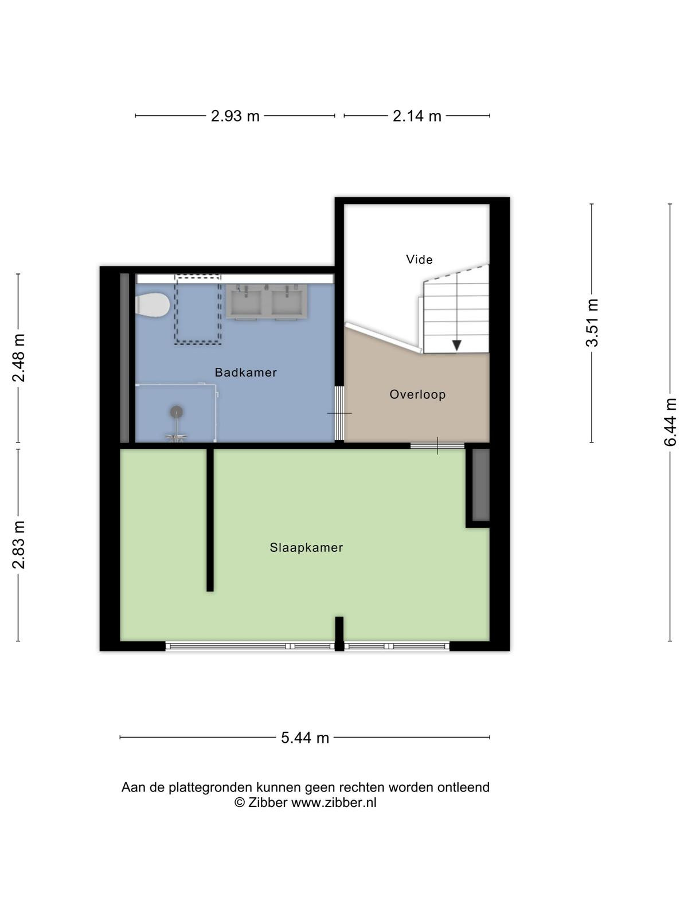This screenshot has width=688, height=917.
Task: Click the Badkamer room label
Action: point(245,372)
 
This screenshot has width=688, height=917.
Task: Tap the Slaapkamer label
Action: point(306,547)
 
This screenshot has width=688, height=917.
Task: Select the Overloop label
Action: point(417,394)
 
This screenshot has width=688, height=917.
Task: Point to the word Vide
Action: point(419,260)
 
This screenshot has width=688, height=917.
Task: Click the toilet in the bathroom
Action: point(153,304)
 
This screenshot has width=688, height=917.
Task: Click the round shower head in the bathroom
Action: point(176,412)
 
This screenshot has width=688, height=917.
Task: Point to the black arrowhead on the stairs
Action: point(456,345)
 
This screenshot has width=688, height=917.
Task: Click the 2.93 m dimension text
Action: point(235,116)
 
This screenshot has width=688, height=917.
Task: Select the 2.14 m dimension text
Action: point(417,116)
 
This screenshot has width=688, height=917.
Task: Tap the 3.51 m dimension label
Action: point(592,323)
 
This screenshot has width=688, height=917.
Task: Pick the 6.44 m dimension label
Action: point(670,422)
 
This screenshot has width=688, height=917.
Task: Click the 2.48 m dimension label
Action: point(19,358)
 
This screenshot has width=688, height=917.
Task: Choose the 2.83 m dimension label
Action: point(19,545)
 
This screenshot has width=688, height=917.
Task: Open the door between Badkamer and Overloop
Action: point(339,413)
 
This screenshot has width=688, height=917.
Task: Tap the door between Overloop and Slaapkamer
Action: point(437,445)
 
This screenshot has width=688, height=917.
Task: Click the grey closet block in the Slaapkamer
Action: point(481,485)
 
